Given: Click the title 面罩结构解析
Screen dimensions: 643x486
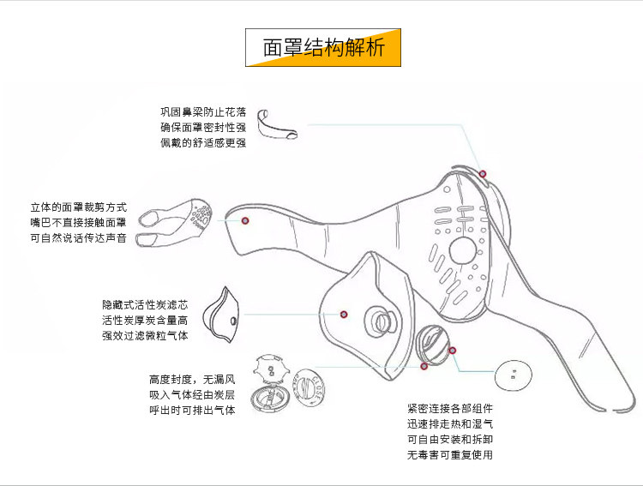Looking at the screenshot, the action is pyautogui.click(x=323, y=47).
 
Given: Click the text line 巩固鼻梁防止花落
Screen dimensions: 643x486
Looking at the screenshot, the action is pyautogui.click(x=203, y=112).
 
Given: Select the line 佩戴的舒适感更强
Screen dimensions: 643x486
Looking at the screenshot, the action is pyautogui.click(x=203, y=143).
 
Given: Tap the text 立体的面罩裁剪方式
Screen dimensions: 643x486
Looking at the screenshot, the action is pyautogui.click(x=78, y=207).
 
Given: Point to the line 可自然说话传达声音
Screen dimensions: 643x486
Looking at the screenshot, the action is pyautogui.click(x=78, y=238).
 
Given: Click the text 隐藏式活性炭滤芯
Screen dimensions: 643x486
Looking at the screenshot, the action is pyautogui.click(x=145, y=304).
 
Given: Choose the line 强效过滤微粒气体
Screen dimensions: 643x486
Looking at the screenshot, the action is pyautogui.click(x=145, y=335).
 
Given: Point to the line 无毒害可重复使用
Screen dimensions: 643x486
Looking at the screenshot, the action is pyautogui.click(x=450, y=455).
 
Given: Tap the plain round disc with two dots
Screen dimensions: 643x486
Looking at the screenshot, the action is pyautogui.click(x=515, y=375).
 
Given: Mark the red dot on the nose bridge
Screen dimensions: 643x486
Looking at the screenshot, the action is pyautogui.click(x=483, y=173).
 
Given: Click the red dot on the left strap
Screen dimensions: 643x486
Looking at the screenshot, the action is pyautogui.click(x=245, y=220).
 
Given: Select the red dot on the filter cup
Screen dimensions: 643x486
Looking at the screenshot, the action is pyautogui.click(x=343, y=314).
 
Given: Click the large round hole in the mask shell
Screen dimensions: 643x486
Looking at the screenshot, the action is pyautogui.click(x=463, y=250).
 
